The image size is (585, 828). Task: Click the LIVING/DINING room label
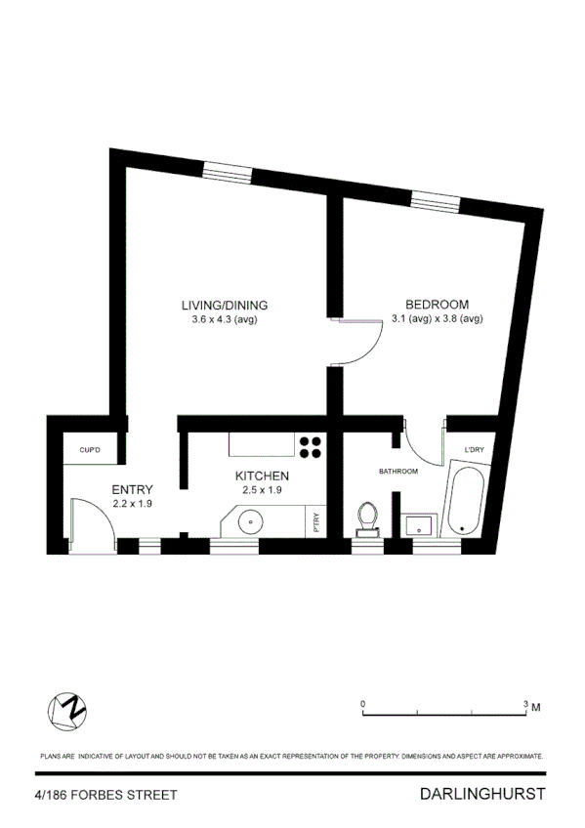click(225, 304)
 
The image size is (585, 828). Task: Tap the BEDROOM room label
click(437, 304)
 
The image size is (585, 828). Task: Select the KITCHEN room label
click(262, 476)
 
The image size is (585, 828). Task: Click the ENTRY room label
click(132, 489)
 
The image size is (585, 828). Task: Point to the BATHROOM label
click(398, 472)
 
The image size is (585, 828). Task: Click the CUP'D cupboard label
click(90, 450)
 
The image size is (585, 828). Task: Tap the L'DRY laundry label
click(475, 449)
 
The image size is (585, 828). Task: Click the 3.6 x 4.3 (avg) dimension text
click(225, 318)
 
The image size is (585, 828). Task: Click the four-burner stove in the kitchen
click(312, 446)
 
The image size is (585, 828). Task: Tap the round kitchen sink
click(251, 519)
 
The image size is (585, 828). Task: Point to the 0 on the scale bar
click(362, 703)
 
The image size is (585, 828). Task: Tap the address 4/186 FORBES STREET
click(105, 796)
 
